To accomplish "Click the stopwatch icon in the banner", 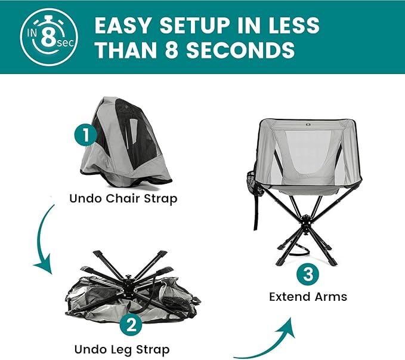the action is point(48,37).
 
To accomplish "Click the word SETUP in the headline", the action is point(195,25).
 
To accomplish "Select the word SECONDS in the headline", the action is point(241,50).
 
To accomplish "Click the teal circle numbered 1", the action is point(86,135).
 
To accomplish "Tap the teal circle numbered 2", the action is point(131,324).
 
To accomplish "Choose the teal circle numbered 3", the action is point(308,274).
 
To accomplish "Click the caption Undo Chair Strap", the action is point(123,199).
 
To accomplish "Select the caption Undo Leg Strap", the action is point(122,350).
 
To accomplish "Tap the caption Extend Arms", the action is point(308,297).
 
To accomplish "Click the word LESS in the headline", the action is point(294,25).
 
